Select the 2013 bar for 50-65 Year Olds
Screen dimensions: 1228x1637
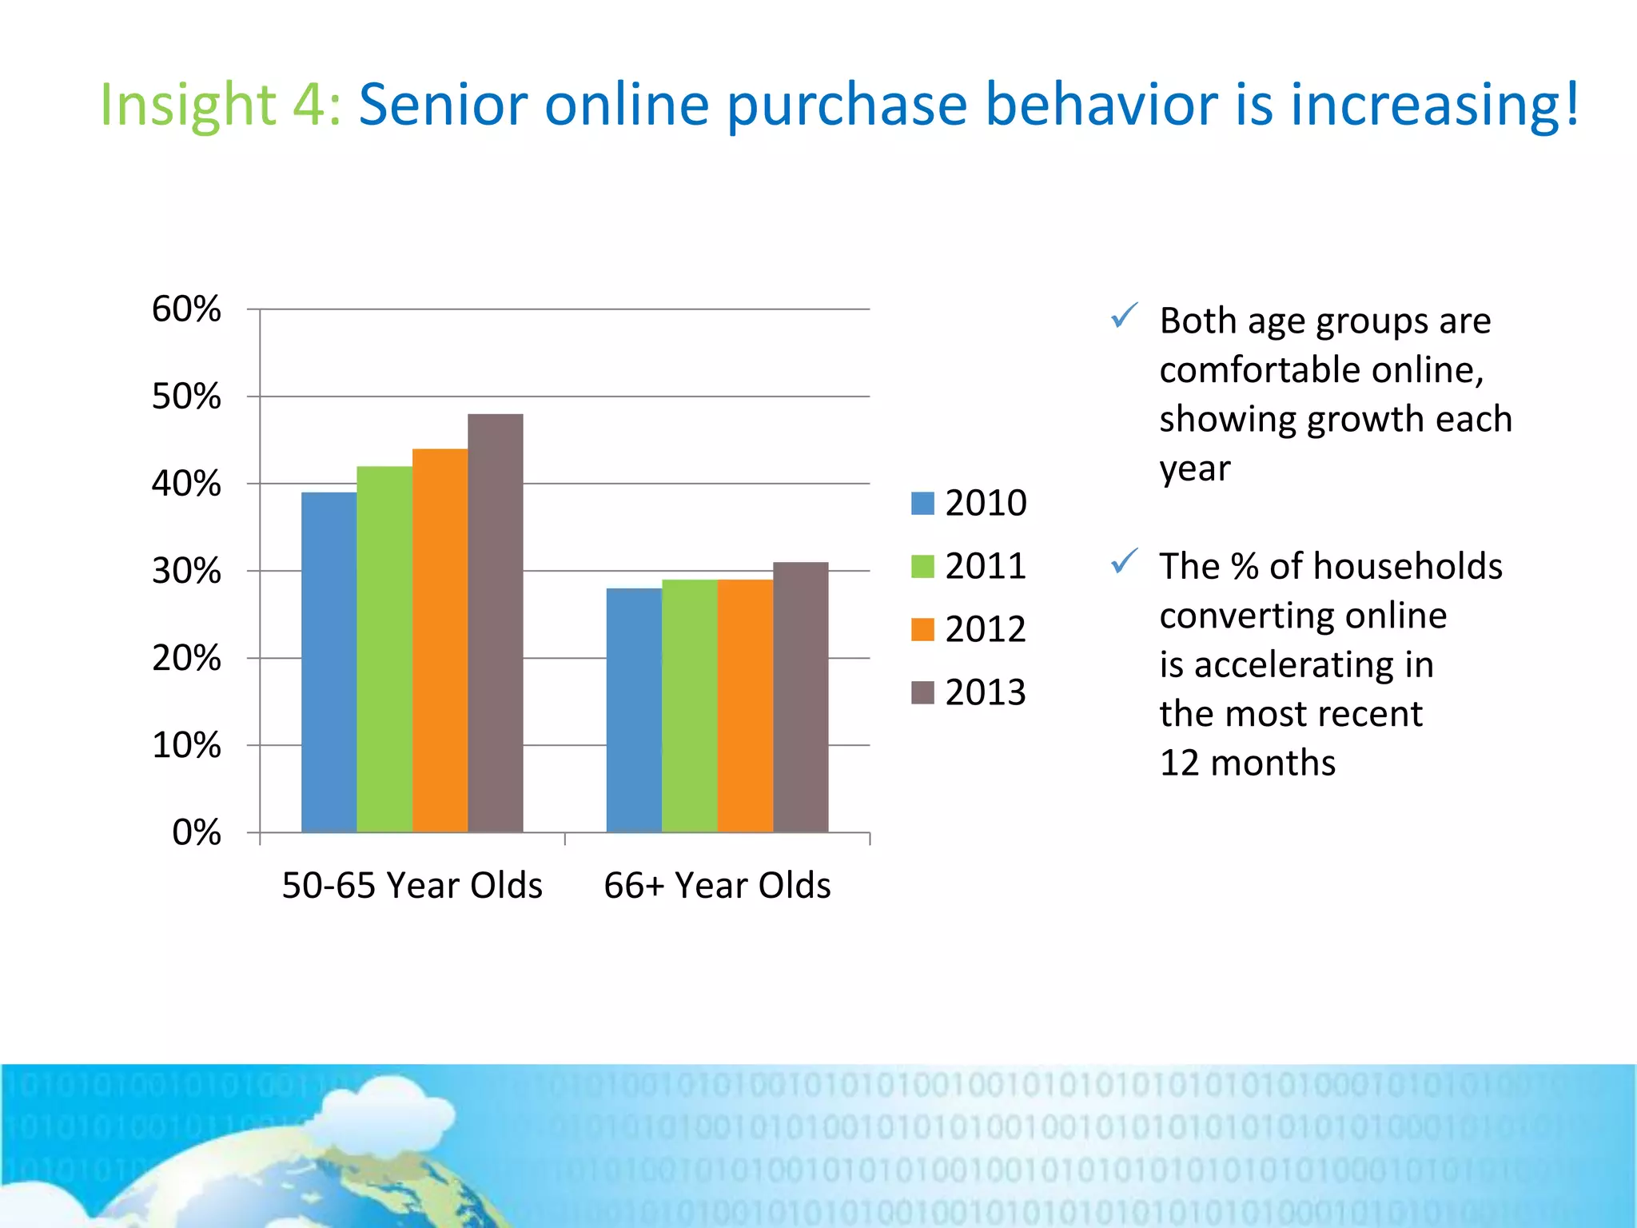click(496, 623)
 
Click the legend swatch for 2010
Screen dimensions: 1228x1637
click(922, 504)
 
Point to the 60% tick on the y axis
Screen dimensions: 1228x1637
click(186, 309)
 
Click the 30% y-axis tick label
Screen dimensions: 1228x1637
click(186, 572)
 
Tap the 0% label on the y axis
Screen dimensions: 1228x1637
click(196, 833)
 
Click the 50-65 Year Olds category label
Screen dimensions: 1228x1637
click(412, 886)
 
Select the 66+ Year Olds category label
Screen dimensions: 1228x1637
click(717, 886)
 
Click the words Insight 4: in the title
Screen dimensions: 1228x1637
click(221, 106)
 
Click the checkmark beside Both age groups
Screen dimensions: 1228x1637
click(1124, 317)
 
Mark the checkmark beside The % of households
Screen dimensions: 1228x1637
click(1124, 562)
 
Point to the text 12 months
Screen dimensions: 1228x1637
click(1247, 764)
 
